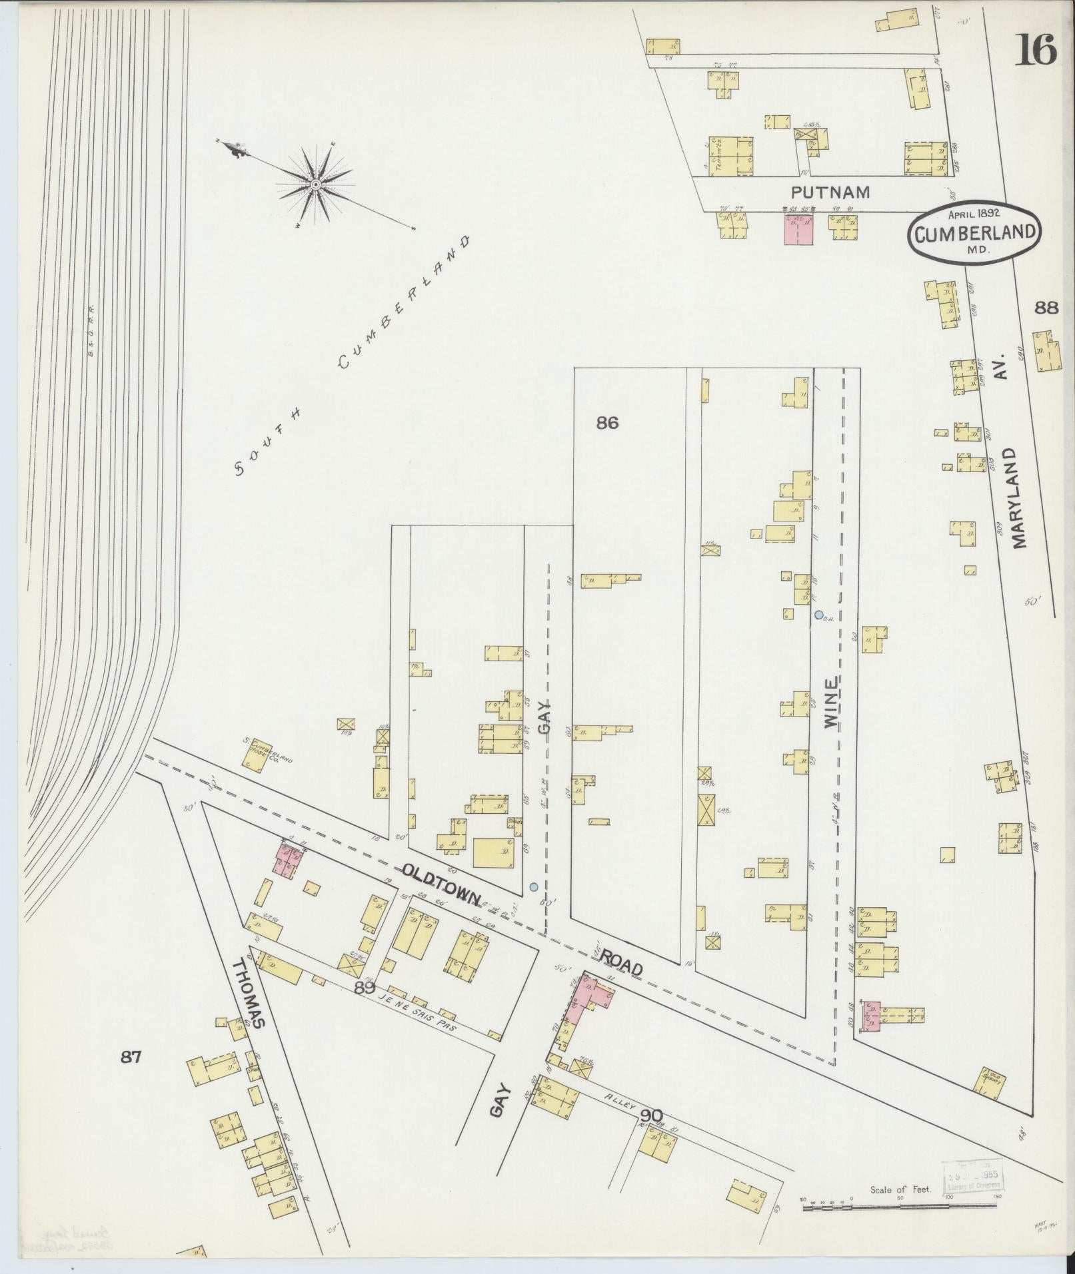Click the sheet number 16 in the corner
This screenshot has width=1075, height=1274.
click(1036, 50)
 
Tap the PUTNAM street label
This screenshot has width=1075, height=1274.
click(830, 193)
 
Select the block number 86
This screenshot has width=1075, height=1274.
click(607, 423)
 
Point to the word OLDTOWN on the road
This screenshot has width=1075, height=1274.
click(442, 883)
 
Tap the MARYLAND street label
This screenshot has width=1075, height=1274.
click(1019, 497)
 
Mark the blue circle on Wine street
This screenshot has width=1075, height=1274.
click(818, 615)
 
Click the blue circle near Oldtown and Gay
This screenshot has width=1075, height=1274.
click(533, 886)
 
